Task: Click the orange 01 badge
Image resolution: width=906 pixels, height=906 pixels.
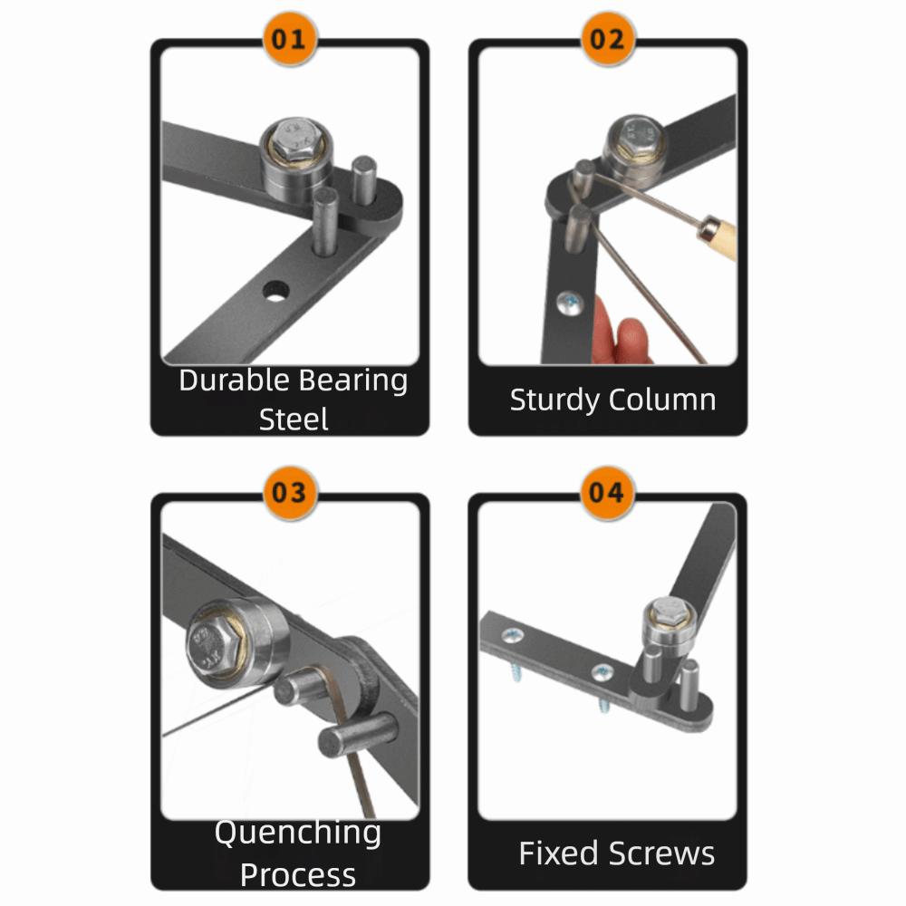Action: pyautogui.click(x=290, y=40)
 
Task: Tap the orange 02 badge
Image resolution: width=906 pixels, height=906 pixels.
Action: pyautogui.click(x=607, y=40)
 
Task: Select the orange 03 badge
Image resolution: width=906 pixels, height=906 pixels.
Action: pyautogui.click(x=290, y=494)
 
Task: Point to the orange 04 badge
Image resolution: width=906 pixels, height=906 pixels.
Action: pyautogui.click(x=607, y=494)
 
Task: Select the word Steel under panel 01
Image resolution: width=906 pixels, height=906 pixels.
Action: pyautogui.click(x=294, y=419)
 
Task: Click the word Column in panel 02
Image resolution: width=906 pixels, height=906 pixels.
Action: pyautogui.click(x=662, y=400)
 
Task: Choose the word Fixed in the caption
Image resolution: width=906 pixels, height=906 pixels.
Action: pyautogui.click(x=558, y=853)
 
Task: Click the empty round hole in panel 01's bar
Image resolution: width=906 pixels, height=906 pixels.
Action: pyautogui.click(x=276, y=291)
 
